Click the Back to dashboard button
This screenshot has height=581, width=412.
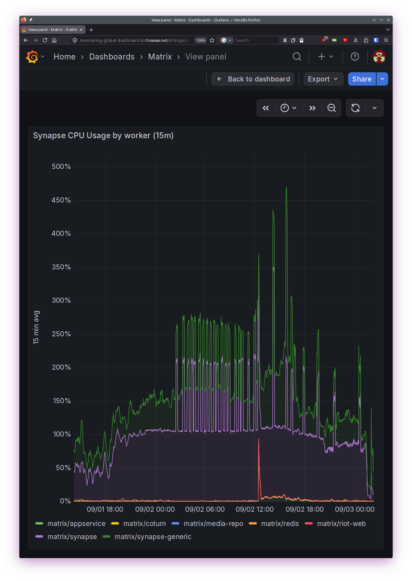point(253,79)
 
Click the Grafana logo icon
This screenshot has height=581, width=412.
point(32,56)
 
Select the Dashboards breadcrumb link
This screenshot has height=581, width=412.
point(112,56)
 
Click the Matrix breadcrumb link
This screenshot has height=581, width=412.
point(160,56)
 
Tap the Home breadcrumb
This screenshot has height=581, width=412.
point(65,56)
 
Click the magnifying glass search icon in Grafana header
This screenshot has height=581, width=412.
point(297,56)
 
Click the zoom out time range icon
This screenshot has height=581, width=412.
point(331,108)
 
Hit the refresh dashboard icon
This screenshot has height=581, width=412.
point(356,108)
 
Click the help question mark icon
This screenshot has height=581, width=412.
point(355,56)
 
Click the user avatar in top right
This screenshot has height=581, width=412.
point(379,56)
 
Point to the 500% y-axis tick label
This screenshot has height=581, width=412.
point(61,167)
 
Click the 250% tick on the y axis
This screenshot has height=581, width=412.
point(61,334)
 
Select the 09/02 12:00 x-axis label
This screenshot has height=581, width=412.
point(255,509)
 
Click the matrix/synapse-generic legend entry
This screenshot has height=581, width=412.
point(147,537)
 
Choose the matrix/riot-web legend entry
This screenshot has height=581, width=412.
point(335,524)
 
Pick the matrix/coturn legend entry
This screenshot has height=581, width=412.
point(139,524)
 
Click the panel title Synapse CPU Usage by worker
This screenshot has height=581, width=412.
point(103,136)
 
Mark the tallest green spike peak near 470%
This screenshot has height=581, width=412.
point(286,187)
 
